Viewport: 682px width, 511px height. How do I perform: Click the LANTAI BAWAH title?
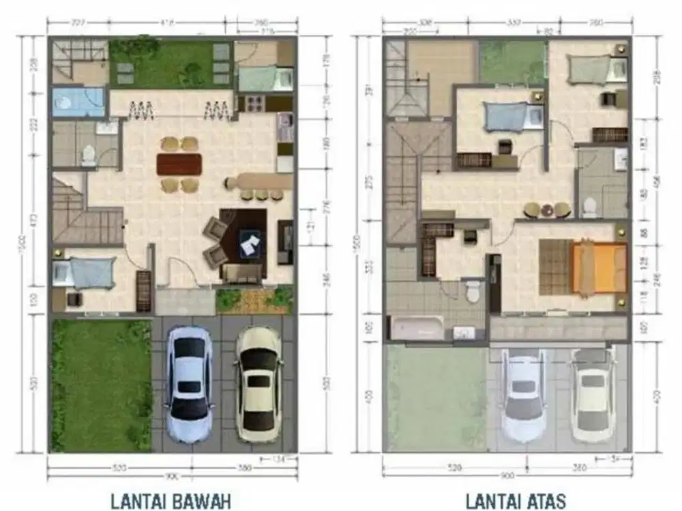coord(170,501)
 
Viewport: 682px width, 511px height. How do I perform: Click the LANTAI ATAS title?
coord(516,501)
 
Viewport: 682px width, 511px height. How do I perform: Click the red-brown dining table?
coord(179,164)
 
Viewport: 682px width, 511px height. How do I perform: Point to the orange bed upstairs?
coord(598,268)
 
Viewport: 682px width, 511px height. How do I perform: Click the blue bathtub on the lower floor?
coord(78,102)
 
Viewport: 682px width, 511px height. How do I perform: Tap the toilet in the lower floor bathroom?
coord(89,156)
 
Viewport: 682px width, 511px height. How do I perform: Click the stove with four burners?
coord(254,104)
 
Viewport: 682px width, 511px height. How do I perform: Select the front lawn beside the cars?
coord(100,385)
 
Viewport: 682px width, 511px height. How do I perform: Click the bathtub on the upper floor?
coord(417,327)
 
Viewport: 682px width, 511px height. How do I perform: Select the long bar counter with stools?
coord(259,182)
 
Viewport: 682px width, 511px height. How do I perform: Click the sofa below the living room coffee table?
coord(242,274)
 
